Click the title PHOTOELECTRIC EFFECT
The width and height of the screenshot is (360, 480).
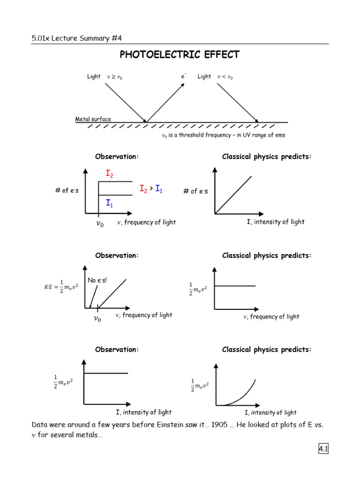180,55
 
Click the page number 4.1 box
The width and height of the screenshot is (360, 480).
323,449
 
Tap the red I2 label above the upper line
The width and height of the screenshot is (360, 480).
109,174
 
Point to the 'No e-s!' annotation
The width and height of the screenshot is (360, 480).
97,280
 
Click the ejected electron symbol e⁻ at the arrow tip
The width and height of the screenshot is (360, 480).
184,76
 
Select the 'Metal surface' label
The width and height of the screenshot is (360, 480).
93,119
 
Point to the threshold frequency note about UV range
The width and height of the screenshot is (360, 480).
223,135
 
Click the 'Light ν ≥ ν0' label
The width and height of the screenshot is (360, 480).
105,76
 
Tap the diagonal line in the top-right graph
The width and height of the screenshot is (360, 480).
233,195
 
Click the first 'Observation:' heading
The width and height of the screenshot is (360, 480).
117,157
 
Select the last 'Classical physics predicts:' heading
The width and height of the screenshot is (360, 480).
267,350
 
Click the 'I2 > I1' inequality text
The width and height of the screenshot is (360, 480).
151,188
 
